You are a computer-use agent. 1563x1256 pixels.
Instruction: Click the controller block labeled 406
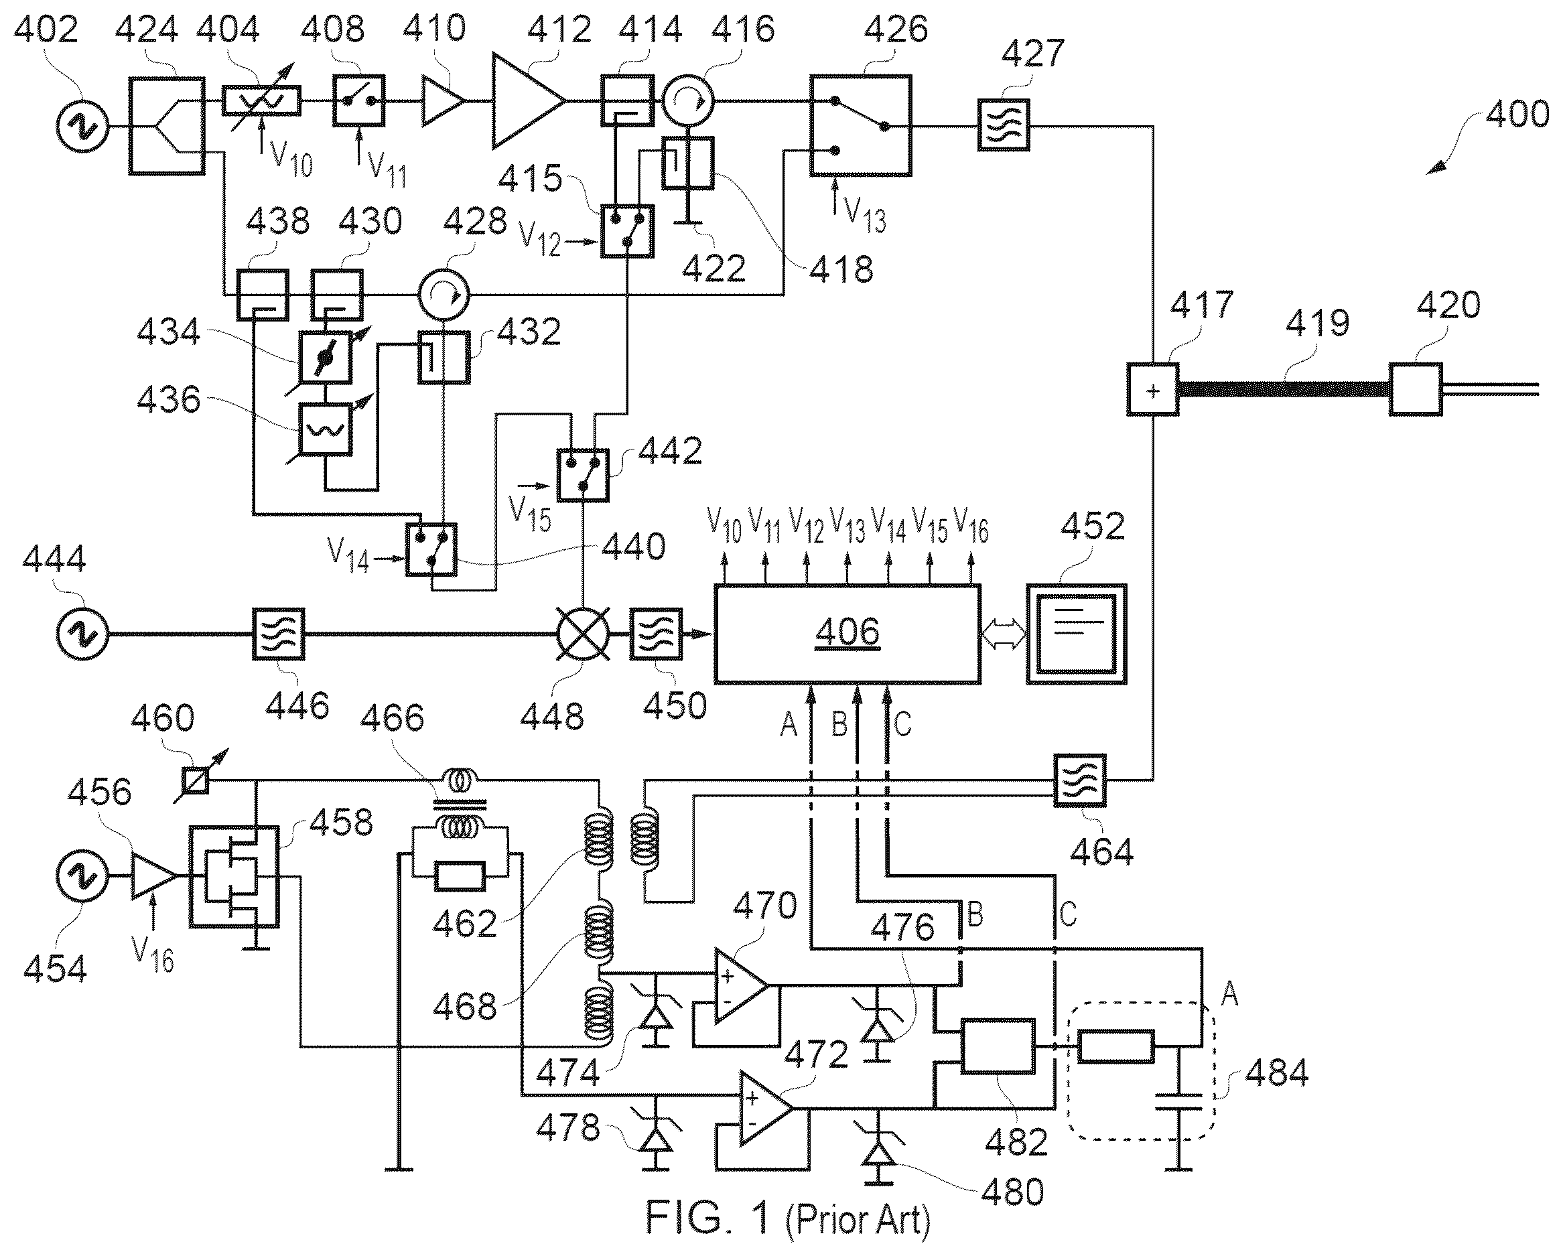pos(847,634)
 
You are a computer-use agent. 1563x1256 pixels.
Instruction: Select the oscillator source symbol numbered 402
pos(82,126)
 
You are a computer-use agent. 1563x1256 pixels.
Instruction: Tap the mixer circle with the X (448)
pos(584,634)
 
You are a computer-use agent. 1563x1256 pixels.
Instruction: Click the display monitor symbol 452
pos(1077,634)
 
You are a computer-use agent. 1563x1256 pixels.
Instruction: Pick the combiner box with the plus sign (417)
pos(1153,390)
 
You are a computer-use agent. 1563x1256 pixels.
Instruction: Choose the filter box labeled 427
pos(1004,125)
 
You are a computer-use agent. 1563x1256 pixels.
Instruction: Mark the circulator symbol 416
pos(688,101)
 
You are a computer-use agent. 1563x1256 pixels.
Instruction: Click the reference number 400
pos(1517,115)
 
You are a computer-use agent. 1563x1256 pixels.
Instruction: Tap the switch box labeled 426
pos(860,125)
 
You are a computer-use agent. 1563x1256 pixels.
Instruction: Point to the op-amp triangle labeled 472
pos(766,1109)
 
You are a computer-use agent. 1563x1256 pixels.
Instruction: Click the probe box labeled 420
pos(1416,390)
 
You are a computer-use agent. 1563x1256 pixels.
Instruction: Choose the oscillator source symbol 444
pos(82,634)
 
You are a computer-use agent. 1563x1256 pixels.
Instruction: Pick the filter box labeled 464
pos(1080,780)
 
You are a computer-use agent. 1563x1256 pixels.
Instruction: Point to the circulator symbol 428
pos(444,295)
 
